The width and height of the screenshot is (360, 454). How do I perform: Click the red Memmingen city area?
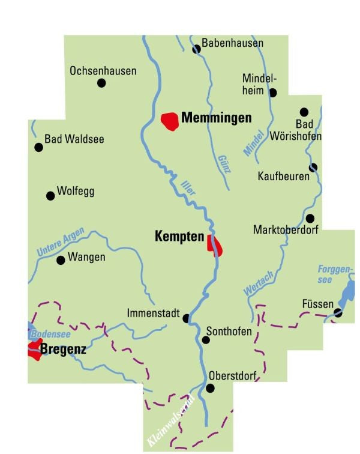coord(170,121)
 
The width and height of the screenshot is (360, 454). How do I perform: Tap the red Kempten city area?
coord(214,246)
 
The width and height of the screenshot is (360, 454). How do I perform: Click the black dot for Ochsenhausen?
coord(101,83)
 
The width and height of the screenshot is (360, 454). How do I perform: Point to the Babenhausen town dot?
coord(196,49)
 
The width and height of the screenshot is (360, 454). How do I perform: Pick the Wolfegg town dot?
coord(50,195)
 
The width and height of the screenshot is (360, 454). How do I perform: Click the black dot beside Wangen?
coord(60,260)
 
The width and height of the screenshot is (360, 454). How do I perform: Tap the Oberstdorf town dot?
coord(210,388)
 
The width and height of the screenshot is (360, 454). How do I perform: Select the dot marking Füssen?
coord(338,312)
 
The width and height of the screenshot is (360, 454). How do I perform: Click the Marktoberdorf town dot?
coord(310,218)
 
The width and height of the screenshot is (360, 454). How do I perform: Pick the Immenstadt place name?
coord(154,313)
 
